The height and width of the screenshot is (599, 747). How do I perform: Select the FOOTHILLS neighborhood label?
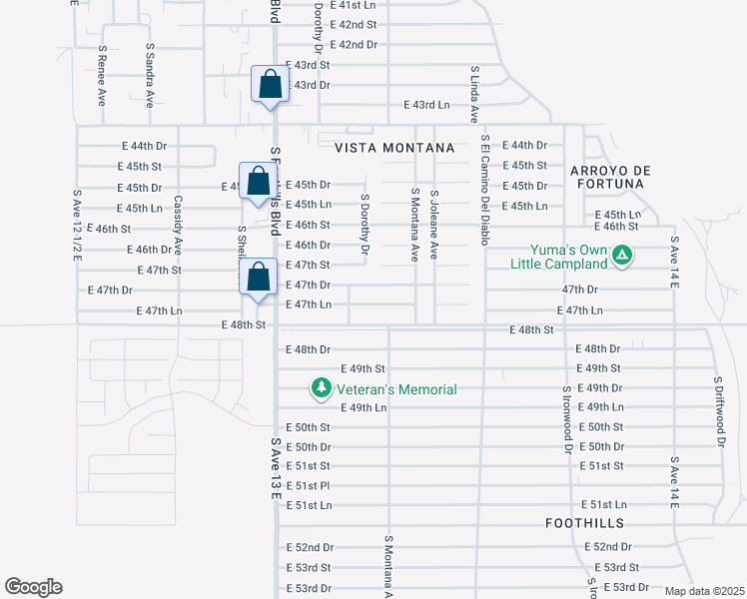(x=585, y=523)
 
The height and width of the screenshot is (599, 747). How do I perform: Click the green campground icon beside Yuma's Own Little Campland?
(x=622, y=257)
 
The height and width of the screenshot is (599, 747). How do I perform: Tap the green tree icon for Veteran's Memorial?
(x=321, y=387)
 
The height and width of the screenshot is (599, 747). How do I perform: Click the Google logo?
(x=33, y=587)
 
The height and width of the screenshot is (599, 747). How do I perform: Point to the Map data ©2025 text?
(x=703, y=591)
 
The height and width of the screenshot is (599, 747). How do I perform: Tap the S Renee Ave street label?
(x=102, y=76)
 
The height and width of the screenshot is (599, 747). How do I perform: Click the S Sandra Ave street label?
(x=150, y=76)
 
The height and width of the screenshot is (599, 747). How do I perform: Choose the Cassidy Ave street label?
(x=178, y=226)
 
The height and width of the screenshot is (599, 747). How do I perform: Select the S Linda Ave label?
(x=474, y=96)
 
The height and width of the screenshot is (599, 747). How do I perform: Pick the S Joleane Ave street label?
(x=433, y=225)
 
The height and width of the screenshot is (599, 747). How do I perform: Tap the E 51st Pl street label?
(x=308, y=486)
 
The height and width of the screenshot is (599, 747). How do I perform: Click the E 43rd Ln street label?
(x=426, y=105)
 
